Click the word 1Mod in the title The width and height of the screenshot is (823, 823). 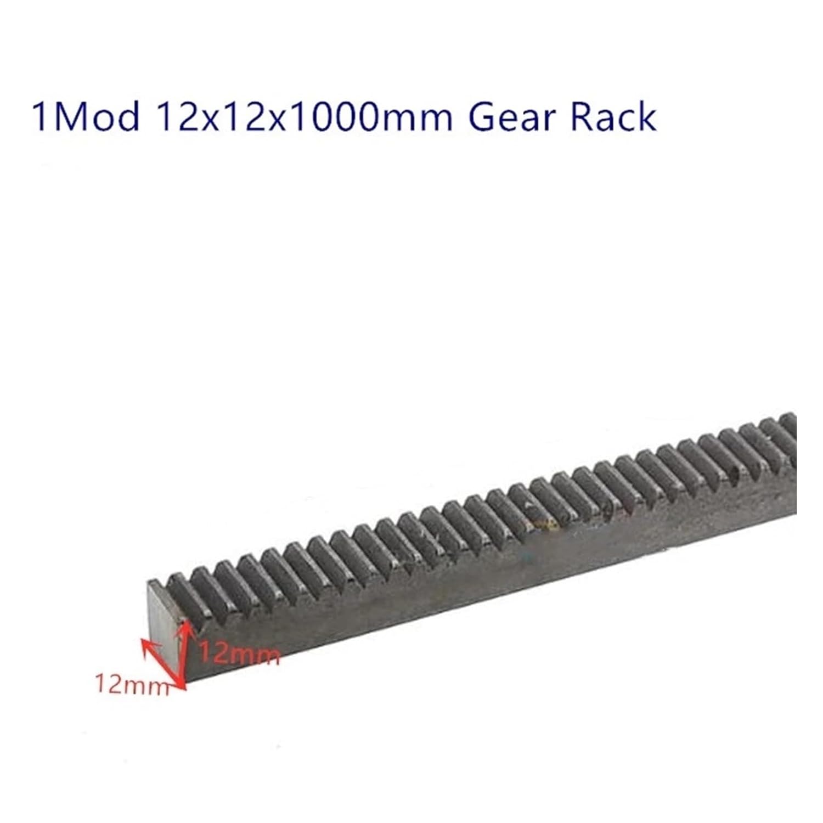pos(85,116)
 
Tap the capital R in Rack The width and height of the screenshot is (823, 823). pos(583,116)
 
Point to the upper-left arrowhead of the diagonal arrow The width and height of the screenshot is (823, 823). pos(146,643)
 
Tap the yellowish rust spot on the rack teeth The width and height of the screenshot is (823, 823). pos(540,524)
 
